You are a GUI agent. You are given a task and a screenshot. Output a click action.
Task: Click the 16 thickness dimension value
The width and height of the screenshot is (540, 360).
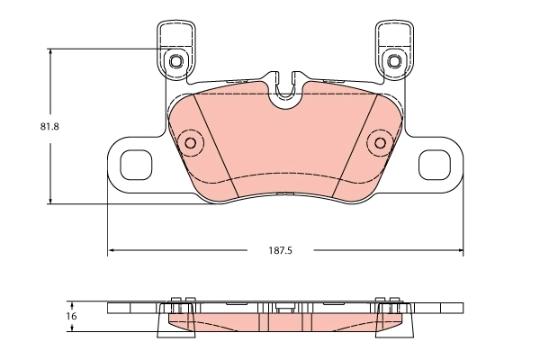click(x=72, y=316)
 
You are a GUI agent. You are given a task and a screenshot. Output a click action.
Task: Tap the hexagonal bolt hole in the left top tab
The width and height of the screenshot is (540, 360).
click(x=177, y=61)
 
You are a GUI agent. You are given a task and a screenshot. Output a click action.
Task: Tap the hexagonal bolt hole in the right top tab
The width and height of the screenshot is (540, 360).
click(x=392, y=61)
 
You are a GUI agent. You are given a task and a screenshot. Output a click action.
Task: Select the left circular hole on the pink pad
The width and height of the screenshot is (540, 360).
click(x=190, y=142)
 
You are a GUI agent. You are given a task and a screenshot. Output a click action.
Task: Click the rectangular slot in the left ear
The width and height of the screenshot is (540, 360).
click(x=137, y=164)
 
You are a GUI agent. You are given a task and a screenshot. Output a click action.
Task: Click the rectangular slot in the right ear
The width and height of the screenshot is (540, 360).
click(x=434, y=164)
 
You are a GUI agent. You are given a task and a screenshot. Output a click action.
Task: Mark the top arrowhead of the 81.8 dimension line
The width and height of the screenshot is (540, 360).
click(x=51, y=51)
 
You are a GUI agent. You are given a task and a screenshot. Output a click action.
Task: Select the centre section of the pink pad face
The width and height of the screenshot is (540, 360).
click(x=285, y=144)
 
